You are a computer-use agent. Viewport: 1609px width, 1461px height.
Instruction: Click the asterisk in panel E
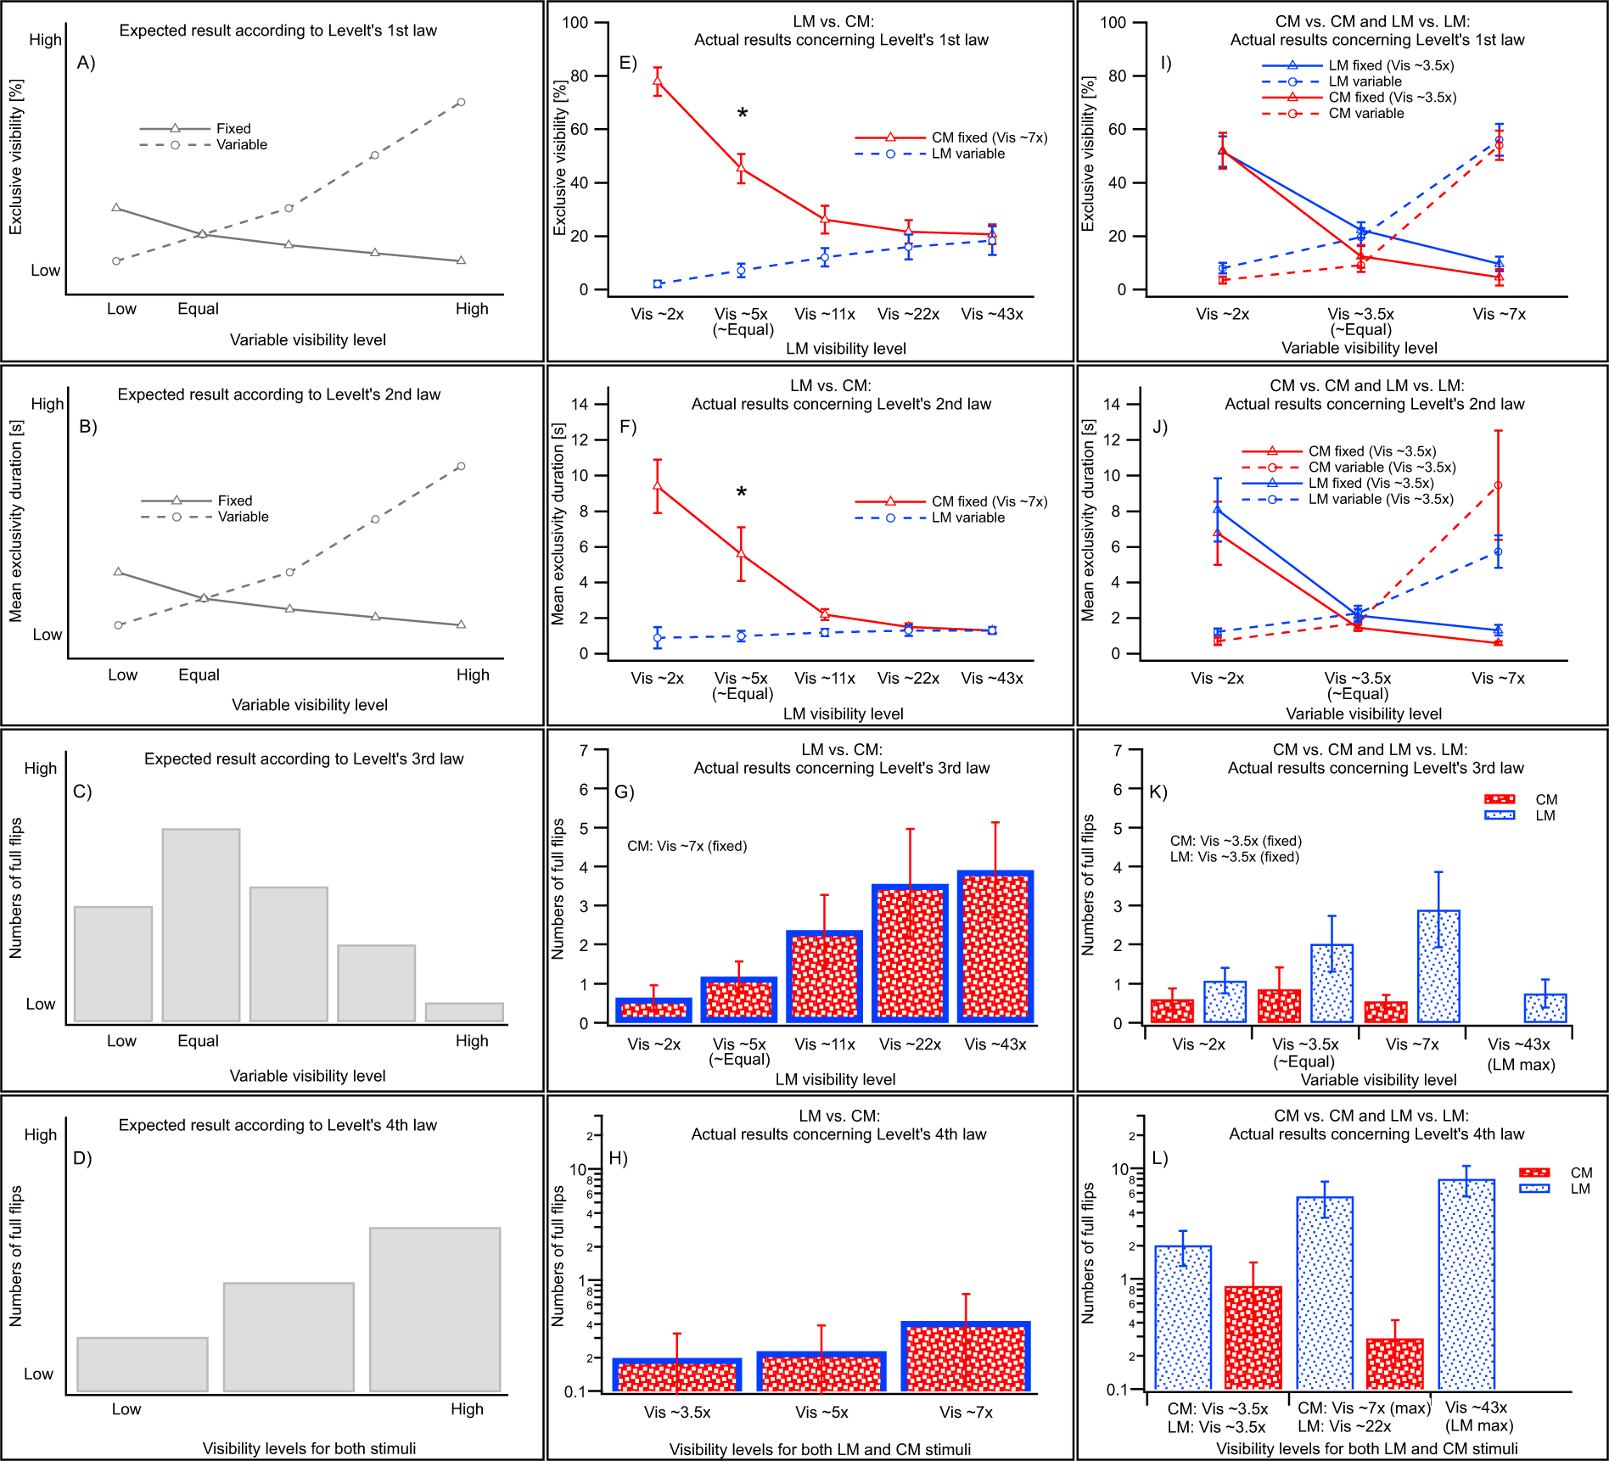(743, 114)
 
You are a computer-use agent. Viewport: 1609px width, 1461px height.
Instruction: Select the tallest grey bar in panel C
(201, 925)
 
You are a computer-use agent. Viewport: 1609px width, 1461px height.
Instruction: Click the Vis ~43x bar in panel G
(995, 947)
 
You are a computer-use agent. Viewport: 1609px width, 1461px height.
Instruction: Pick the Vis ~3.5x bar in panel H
(677, 1375)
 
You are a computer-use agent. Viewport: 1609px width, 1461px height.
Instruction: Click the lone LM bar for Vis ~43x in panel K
(1545, 1008)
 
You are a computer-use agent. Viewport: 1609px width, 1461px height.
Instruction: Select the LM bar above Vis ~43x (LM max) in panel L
(1466, 1284)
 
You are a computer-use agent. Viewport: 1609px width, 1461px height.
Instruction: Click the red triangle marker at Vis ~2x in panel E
(658, 81)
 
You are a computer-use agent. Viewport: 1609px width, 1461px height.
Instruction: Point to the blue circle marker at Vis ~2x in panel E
(658, 283)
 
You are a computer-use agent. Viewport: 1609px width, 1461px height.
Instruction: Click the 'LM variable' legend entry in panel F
(967, 518)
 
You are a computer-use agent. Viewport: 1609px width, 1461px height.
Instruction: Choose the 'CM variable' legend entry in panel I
(1365, 114)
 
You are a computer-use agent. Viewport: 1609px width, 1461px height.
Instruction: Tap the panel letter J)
(1160, 427)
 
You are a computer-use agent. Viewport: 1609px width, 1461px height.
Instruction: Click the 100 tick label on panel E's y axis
(575, 22)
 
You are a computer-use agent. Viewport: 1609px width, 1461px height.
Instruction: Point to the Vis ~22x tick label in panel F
(908, 678)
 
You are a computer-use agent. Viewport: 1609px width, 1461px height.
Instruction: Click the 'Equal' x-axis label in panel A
(198, 309)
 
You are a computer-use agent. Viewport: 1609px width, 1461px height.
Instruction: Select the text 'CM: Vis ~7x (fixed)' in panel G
(687, 846)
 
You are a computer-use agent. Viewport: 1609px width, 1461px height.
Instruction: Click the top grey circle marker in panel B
(461, 466)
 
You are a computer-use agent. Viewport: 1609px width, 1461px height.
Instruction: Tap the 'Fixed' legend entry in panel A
(233, 128)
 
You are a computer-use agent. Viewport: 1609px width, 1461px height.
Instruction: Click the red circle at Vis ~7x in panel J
(1498, 485)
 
